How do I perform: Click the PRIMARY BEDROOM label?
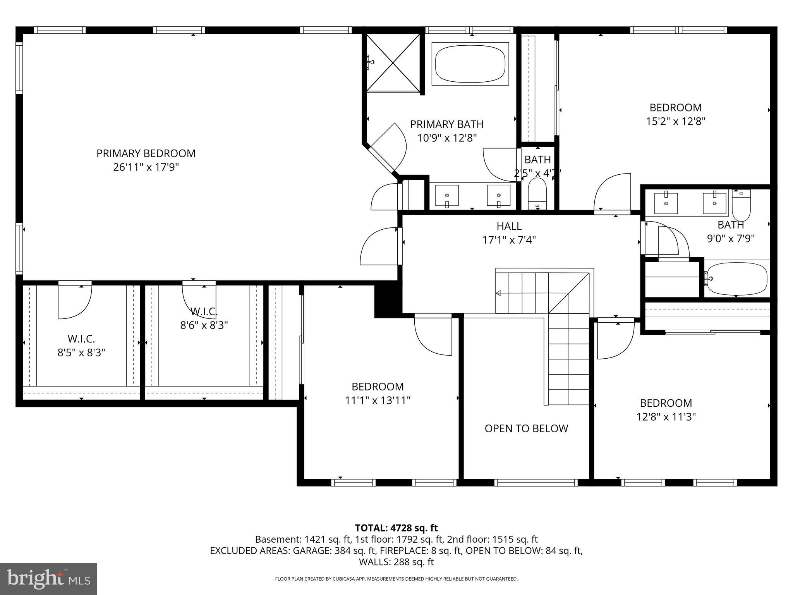tap(146, 153)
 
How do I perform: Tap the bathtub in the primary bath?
tap(470, 64)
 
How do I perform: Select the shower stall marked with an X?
tap(393, 63)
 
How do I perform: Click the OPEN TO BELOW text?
tap(526, 428)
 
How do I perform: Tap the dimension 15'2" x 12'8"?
tap(675, 121)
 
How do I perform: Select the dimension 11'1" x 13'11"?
tap(378, 400)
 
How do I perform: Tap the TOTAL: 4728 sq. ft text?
tap(396, 528)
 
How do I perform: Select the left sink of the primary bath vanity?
tap(447, 195)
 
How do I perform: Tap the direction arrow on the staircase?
tap(499, 293)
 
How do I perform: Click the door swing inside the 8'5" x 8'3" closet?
tap(75, 301)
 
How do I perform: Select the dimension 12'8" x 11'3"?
tap(666, 417)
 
